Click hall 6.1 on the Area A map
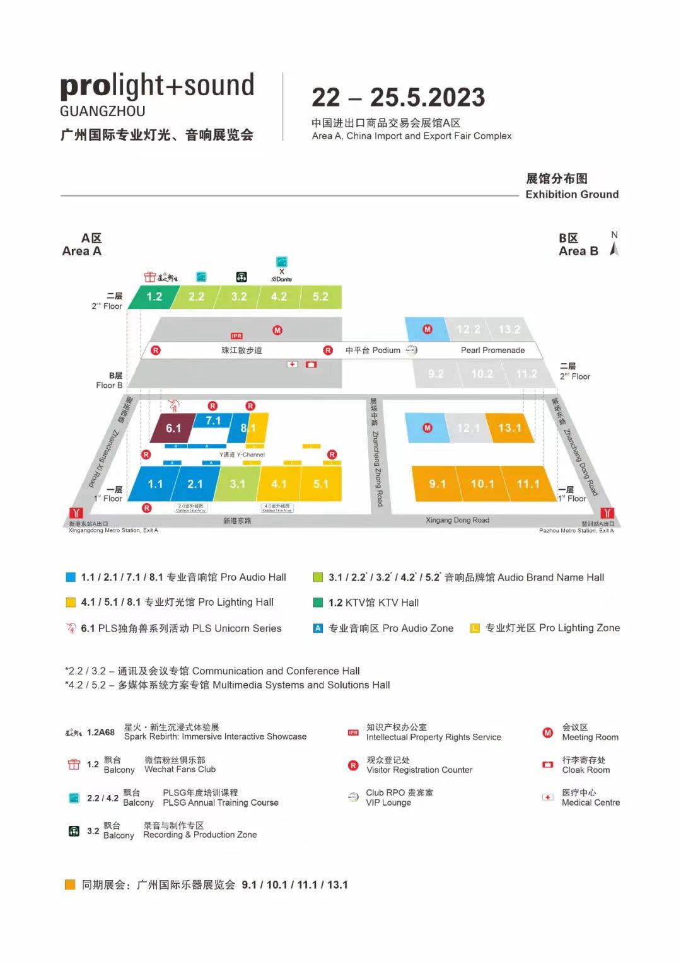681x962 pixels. coord(173,429)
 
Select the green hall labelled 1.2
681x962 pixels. coord(154,297)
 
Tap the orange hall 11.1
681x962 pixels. coord(528,484)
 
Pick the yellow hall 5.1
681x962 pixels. coord(321,484)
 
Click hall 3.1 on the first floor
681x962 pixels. coord(237,484)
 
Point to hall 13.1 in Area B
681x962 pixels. coord(509,428)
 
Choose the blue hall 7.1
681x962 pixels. coord(213,420)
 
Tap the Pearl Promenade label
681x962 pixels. coord(492,351)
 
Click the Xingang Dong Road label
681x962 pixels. coord(457,520)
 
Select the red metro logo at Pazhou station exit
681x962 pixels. coord(607,513)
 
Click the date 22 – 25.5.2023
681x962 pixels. coord(398,98)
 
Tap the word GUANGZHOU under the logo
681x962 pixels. coord(103,112)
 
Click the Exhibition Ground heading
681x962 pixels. coord(572,194)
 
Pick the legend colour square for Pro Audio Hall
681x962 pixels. coord(71,577)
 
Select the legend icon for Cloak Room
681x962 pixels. coord(547,765)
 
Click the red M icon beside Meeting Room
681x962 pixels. coord(547,733)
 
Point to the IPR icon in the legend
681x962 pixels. coord(353,733)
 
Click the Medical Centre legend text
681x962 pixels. coord(590,803)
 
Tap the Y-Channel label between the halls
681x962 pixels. coord(242,455)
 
